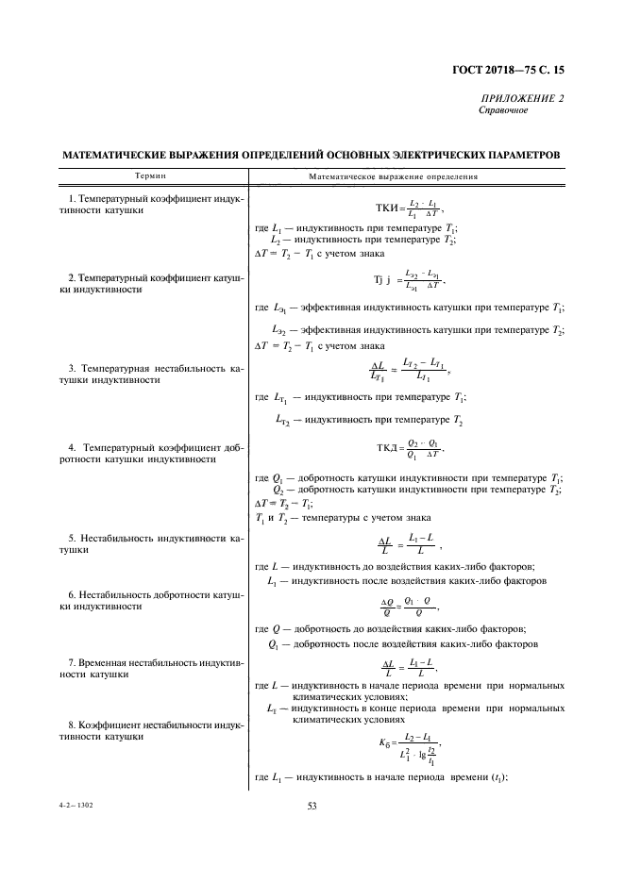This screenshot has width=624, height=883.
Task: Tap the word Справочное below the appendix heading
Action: pyautogui.click(x=504, y=109)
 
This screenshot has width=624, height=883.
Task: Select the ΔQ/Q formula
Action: pyautogui.click(x=409, y=606)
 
